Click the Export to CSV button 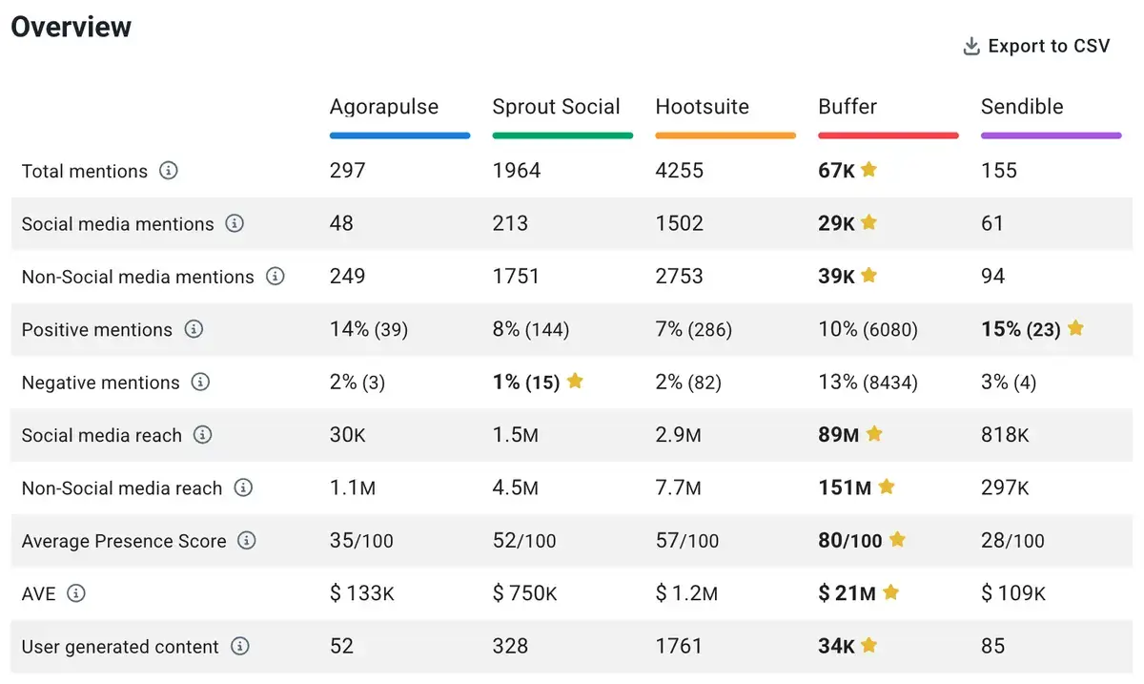point(1036,46)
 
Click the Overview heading point(71,27)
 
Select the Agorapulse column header point(384,107)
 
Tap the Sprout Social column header point(556,107)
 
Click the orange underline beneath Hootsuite point(725,135)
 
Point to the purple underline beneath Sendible point(1051,135)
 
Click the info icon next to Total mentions point(169,171)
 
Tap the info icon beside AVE point(76,593)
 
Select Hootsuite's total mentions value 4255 point(679,171)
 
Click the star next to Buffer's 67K point(868,170)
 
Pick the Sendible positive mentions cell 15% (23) point(1020,329)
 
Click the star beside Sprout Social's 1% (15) point(575,382)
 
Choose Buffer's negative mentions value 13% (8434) point(868,383)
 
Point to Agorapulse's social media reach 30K point(348,435)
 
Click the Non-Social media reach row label point(122,488)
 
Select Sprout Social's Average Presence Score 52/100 point(524,541)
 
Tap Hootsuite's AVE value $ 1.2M point(686,593)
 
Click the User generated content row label point(120,647)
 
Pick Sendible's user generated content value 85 point(992,646)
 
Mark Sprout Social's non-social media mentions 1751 point(516,277)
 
